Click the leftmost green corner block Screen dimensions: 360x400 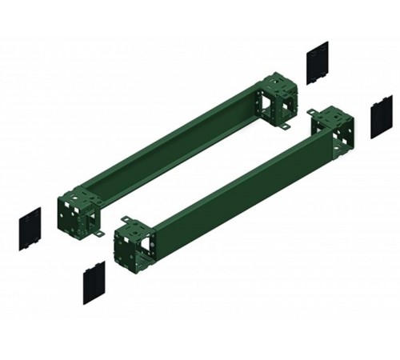78,210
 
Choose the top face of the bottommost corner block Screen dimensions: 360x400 133,226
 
